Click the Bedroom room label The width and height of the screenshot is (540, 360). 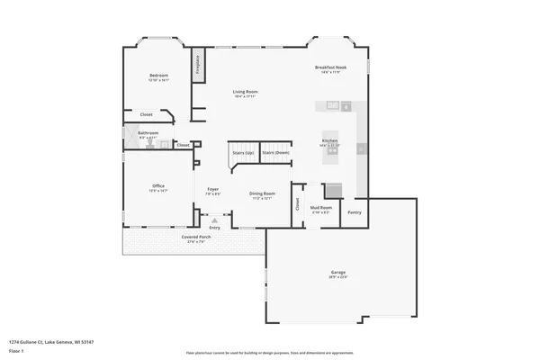[158, 75]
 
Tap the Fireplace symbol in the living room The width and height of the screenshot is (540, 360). [196, 65]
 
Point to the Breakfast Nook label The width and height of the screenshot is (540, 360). [329, 68]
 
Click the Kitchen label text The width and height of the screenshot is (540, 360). [330, 141]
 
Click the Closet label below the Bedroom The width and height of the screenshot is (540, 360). [146, 114]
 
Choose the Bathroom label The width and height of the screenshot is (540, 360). [148, 133]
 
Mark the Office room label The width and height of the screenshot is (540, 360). [158, 186]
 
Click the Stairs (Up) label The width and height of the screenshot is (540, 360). [242, 153]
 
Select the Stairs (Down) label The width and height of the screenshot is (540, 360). [275, 153]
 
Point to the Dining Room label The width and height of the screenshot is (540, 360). [262, 193]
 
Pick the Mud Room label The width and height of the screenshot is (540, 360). [321, 208]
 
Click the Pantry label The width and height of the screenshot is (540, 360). [355, 212]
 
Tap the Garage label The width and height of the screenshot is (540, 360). [337, 273]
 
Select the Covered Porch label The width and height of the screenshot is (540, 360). [195, 238]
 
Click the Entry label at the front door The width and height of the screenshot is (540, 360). [214, 227]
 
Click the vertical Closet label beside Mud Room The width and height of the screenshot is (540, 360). [298, 204]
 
